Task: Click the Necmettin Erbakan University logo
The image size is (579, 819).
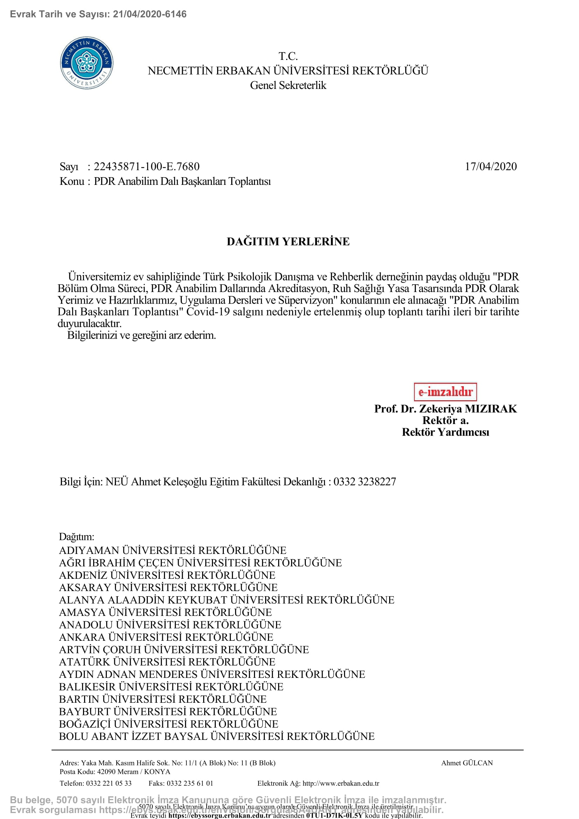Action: tap(87, 63)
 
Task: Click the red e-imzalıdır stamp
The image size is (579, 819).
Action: tap(445, 392)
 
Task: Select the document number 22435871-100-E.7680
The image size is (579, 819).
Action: tap(147, 167)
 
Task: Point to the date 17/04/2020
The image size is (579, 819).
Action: tap(490, 167)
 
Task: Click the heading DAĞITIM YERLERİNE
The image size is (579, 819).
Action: tap(288, 242)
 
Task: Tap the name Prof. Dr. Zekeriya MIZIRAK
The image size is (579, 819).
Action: tap(445, 409)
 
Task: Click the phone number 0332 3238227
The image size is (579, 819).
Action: tap(365, 482)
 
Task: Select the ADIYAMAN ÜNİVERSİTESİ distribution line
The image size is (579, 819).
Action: tap(173, 550)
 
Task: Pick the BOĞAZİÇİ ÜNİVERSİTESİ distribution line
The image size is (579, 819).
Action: tap(168, 724)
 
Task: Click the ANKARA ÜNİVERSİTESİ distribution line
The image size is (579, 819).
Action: tap(166, 637)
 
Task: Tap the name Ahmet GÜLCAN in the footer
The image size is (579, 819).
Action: tap(467, 763)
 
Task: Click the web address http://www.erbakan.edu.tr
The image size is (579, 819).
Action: tap(341, 783)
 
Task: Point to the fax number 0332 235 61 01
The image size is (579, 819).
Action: tap(190, 783)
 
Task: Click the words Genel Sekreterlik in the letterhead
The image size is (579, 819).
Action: tap(288, 85)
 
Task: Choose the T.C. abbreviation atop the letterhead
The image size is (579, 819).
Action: tap(288, 56)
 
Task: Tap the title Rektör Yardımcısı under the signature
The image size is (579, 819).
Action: tap(445, 432)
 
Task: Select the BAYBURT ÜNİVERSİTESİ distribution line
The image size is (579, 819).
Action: tap(168, 712)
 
